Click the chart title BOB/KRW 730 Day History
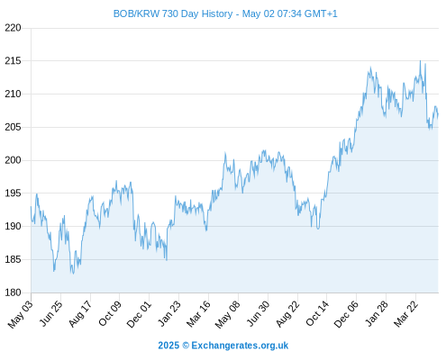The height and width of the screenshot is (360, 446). coord(173,13)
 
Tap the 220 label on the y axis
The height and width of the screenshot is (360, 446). coord(13,28)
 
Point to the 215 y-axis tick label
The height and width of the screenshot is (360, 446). coord(13,61)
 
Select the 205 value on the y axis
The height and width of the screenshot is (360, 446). coord(13,127)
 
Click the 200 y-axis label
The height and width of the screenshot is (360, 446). coord(13,160)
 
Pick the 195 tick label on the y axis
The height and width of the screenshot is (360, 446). coord(13,193)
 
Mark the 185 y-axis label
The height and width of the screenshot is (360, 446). coord(13,259)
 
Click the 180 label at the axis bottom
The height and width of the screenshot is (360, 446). coord(13,292)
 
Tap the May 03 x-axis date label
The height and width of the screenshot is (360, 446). coord(20,314)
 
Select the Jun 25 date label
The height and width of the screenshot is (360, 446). coord(51,313)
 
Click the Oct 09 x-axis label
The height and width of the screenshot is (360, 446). coord(110,313)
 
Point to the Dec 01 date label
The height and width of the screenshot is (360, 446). coord(139,314)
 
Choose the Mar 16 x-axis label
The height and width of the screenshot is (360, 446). coord(198,314)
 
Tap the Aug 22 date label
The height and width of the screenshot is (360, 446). coord(287,314)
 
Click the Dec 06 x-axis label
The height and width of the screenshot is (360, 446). coord(346,314)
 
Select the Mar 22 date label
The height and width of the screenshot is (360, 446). coord(405,314)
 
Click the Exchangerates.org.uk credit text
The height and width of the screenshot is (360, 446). coord(240,346)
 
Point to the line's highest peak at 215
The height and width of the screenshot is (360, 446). coord(420,61)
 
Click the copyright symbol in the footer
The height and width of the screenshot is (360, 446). coord(186,346)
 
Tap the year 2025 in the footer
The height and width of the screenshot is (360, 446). coord(168,346)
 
